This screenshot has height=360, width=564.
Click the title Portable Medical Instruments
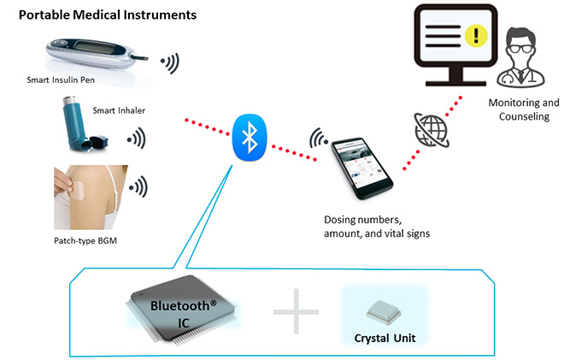coord(108,15)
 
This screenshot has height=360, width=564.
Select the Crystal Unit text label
coord(383,338)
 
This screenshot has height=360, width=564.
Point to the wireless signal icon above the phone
coord(319,137)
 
